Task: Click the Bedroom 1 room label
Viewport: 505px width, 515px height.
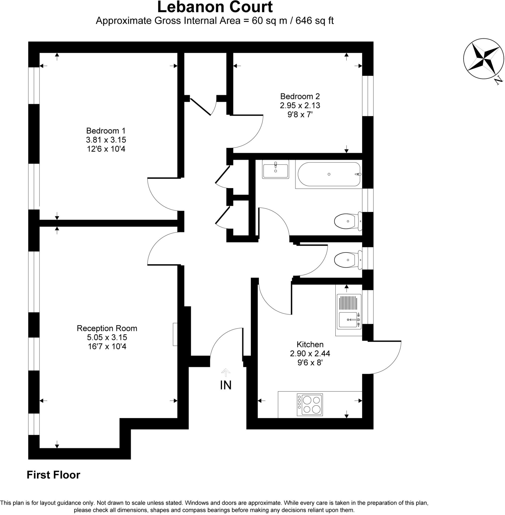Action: click(x=106, y=131)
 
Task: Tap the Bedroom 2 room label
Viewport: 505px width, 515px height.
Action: click(x=300, y=96)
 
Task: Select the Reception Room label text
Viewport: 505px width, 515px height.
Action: click(x=107, y=328)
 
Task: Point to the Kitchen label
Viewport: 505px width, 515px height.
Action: click(x=310, y=345)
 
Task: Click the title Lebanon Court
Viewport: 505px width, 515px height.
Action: click(x=215, y=7)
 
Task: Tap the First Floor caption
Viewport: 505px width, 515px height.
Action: click(x=53, y=475)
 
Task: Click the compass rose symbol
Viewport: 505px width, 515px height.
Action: click(x=483, y=59)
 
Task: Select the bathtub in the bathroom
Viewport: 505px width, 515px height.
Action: click(x=329, y=175)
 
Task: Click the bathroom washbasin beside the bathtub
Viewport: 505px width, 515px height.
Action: click(x=275, y=169)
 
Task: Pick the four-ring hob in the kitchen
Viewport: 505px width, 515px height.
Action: click(x=310, y=405)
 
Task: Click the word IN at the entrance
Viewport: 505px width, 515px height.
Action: click(x=225, y=385)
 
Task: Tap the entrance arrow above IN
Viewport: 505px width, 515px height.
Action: click(x=225, y=372)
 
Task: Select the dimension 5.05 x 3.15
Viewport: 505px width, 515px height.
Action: click(x=107, y=337)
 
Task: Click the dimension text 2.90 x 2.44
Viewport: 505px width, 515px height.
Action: click(x=310, y=354)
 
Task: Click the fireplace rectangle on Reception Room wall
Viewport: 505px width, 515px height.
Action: click(x=175, y=334)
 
